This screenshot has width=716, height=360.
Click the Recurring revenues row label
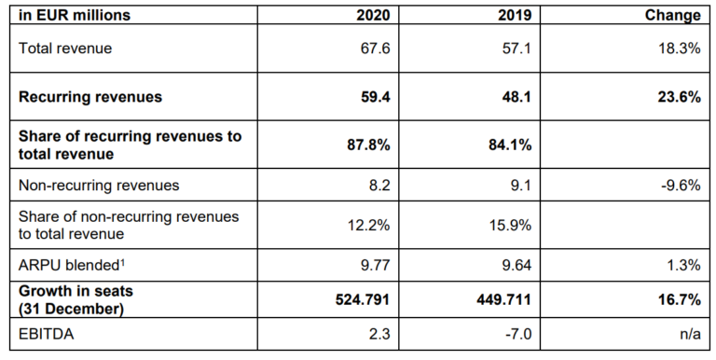tap(90, 96)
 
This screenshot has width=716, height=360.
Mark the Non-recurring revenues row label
tap(99, 185)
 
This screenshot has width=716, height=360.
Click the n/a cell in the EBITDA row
tap(688, 332)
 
